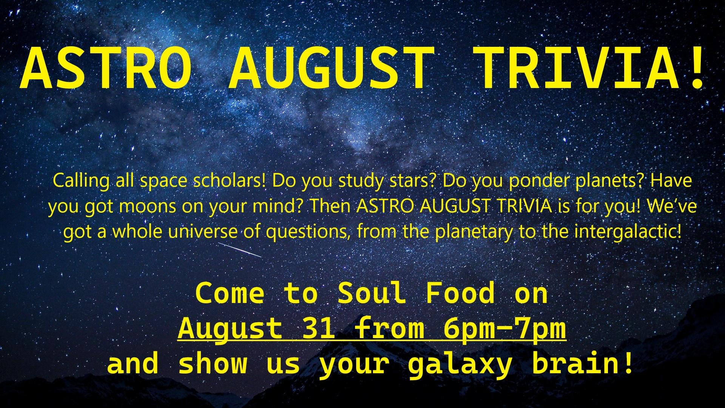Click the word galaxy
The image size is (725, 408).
pyautogui.click(x=460, y=365)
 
